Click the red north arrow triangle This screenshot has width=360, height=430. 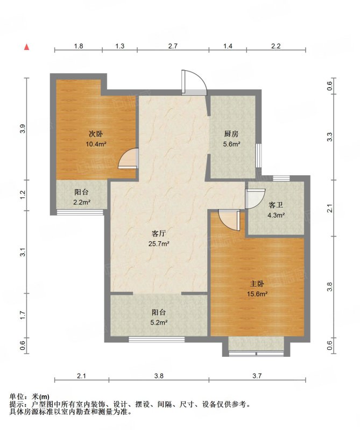[26, 47]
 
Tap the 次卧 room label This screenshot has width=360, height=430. [96, 134]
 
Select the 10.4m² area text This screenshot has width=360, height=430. [96, 144]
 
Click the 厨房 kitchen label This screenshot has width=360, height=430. [231, 134]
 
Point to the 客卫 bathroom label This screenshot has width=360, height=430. [276, 205]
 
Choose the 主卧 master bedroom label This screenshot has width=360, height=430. [257, 284]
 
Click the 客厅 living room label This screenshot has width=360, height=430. [159, 233]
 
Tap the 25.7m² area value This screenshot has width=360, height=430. [159, 243]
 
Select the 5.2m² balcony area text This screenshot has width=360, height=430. [159, 322]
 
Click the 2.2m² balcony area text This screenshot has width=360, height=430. [82, 203]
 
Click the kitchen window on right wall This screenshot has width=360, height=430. [258, 155]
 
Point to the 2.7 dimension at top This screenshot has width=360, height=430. [173, 46]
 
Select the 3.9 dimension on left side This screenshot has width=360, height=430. [23, 128]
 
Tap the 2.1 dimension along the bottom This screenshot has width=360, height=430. [82, 376]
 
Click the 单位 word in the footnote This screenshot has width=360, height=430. [16, 397]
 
